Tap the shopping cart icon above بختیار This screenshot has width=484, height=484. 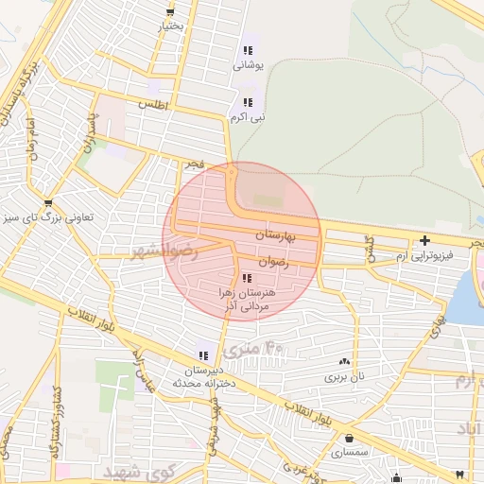(x=170, y=11)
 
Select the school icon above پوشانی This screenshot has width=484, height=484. (x=248, y=51)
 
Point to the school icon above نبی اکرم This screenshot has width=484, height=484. (x=248, y=102)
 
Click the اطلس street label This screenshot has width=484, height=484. (x=152, y=106)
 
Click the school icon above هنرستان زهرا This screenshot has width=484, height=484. (x=247, y=278)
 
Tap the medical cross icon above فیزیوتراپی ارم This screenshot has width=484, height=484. (x=424, y=240)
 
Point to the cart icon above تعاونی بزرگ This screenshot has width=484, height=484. (x=48, y=201)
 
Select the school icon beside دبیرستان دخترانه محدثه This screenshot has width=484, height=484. (x=204, y=355)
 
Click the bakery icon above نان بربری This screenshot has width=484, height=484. (x=344, y=361)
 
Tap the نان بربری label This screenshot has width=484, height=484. (x=344, y=376)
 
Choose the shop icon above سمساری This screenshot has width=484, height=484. (x=351, y=439)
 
